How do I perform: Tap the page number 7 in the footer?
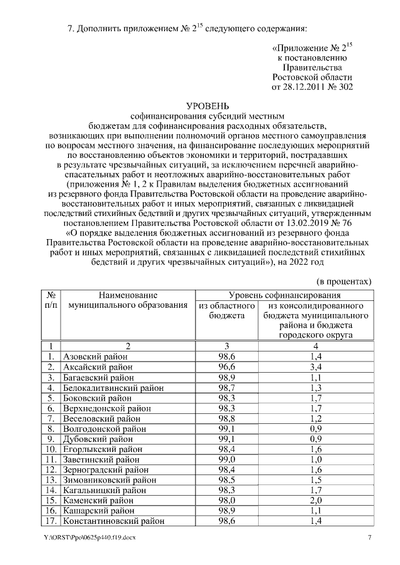[369, 538]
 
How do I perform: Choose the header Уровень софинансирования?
[284, 295]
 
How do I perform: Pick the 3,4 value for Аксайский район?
[316, 366]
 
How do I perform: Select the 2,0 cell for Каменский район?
[316, 499]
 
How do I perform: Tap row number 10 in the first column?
[49, 451]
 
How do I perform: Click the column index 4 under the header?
[316, 345]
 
